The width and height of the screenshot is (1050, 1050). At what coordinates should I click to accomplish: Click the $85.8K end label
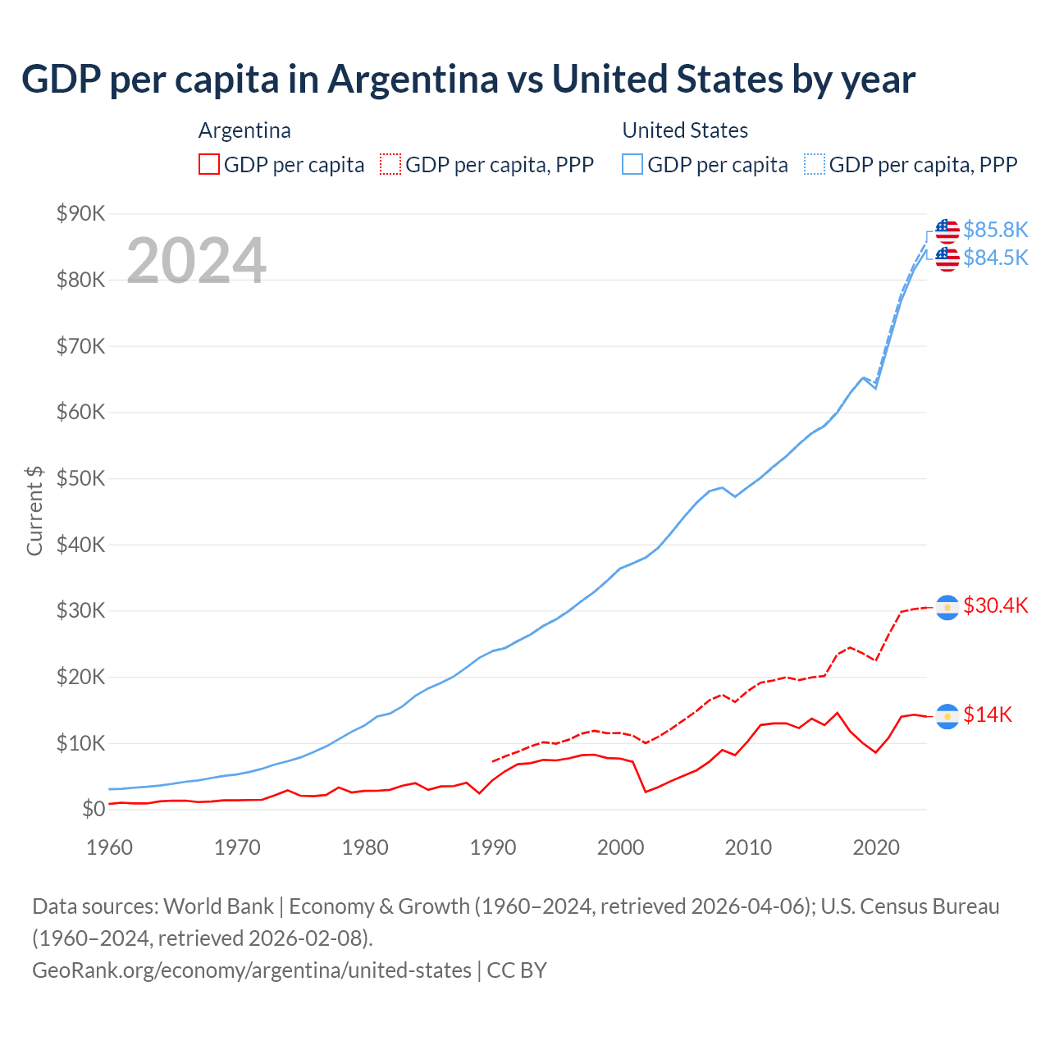[x=995, y=230]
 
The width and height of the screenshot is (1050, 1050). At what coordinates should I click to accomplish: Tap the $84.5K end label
[x=995, y=258]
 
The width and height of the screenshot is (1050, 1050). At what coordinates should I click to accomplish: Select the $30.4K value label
[x=995, y=605]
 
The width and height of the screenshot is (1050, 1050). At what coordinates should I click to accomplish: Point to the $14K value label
[x=988, y=714]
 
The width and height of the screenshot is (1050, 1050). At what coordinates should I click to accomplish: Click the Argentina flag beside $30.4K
[x=947, y=607]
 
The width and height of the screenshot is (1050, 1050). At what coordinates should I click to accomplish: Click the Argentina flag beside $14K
[x=947, y=716]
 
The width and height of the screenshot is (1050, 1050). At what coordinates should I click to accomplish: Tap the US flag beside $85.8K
[x=947, y=231]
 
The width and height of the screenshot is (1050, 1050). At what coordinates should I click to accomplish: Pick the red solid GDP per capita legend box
[x=209, y=164]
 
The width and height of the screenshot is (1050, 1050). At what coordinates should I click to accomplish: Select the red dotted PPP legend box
[x=390, y=164]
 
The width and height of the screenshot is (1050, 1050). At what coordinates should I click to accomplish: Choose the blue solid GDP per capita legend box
[x=632, y=164]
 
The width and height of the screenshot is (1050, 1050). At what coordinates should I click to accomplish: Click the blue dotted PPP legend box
[x=815, y=164]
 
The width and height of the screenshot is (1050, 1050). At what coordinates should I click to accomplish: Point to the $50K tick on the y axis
[x=81, y=478]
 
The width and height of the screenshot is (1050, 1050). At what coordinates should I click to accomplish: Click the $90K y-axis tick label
[x=81, y=213]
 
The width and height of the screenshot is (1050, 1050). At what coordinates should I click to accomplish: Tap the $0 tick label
[x=94, y=810]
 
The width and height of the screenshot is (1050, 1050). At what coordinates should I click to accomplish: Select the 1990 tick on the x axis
[x=493, y=847]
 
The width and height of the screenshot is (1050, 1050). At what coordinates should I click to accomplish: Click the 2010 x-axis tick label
[x=748, y=847]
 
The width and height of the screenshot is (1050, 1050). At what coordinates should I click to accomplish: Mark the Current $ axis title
[x=34, y=510]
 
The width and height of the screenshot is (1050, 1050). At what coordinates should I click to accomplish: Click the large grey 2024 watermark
[x=196, y=261]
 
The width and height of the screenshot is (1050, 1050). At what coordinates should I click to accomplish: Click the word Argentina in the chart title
[x=413, y=79]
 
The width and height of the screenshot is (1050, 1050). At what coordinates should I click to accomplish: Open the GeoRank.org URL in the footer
[x=252, y=970]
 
